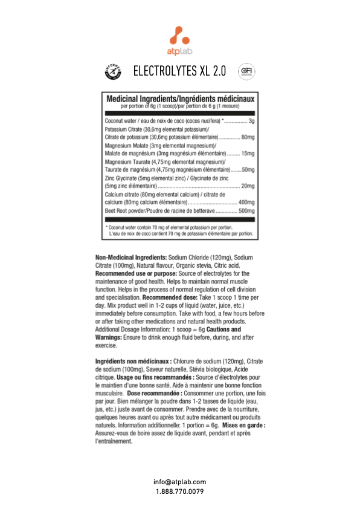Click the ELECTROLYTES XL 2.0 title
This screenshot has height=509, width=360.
[x=179, y=72]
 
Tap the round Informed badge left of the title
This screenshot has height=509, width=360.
[x=114, y=72]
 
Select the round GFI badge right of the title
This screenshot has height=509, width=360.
[x=246, y=72]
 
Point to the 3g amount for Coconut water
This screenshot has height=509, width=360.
[x=251, y=121]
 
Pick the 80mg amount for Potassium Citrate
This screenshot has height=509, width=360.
[x=248, y=137]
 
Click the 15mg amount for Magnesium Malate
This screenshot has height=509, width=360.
[x=248, y=154]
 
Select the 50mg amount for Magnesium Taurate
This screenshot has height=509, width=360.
[x=248, y=170]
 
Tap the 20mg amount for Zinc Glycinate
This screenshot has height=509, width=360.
[x=248, y=186]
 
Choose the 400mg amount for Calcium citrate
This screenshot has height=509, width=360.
[x=246, y=203]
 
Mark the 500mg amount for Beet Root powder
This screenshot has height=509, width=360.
[x=246, y=211]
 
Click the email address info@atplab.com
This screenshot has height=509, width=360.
[x=179, y=482]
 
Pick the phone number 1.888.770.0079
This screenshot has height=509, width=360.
[x=179, y=491]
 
